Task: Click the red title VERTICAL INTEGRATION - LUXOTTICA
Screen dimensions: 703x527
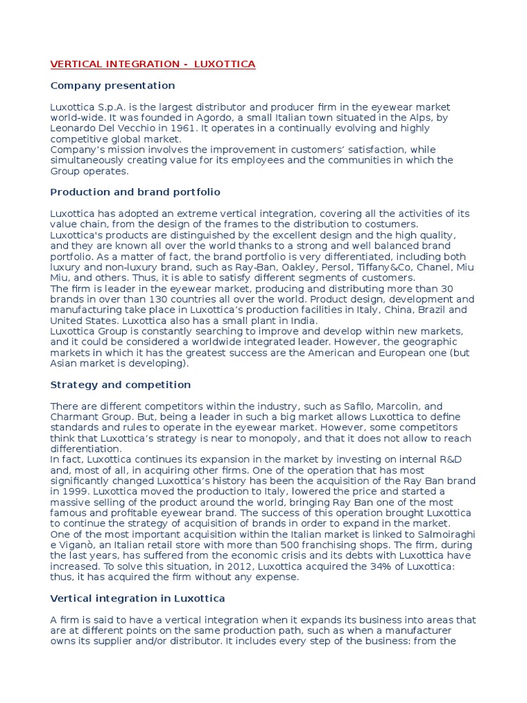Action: click(152, 65)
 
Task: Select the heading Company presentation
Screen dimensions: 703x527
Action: click(113, 86)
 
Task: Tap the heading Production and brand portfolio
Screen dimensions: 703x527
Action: click(135, 192)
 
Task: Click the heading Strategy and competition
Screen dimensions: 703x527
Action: click(120, 384)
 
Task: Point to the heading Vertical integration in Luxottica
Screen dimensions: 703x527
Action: click(138, 598)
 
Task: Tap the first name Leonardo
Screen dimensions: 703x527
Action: click(72, 128)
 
